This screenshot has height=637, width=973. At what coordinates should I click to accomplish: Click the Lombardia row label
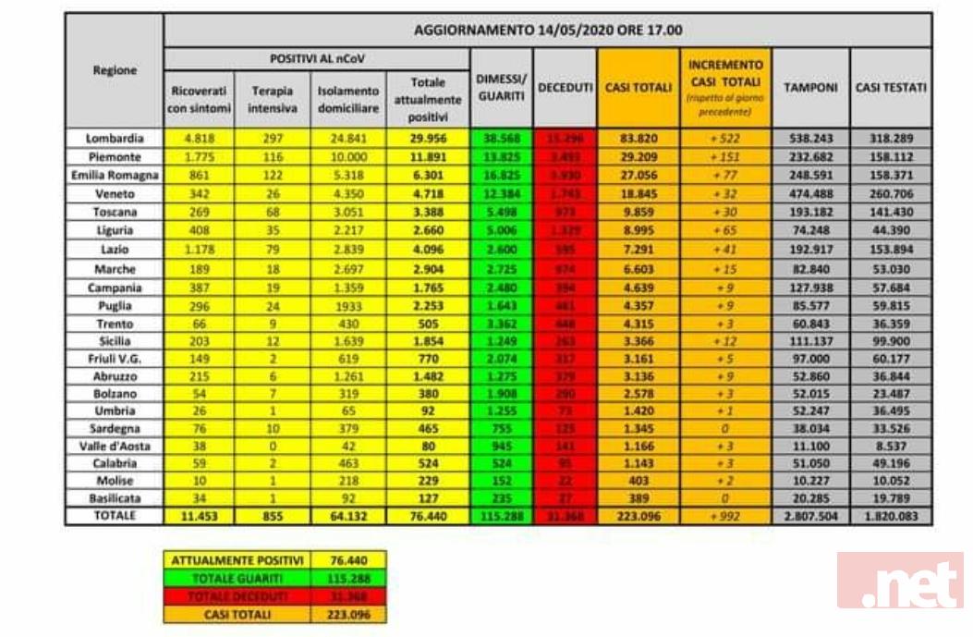pyautogui.click(x=114, y=138)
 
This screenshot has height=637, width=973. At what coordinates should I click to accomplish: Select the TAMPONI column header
pyautogui.click(x=810, y=88)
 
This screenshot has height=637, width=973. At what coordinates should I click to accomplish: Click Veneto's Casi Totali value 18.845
pyautogui.click(x=638, y=194)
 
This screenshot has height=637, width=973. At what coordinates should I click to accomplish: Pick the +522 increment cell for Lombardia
pyautogui.click(x=724, y=138)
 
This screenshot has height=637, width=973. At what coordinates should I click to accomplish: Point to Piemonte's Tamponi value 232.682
pyautogui.click(x=810, y=156)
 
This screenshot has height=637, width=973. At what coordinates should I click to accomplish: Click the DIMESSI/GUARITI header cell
pyautogui.click(x=500, y=88)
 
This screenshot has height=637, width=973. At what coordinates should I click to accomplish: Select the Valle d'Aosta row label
pyautogui.click(x=114, y=445)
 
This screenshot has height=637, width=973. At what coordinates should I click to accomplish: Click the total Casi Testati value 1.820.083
pyautogui.click(x=891, y=517)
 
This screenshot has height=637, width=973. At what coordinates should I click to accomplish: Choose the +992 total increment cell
pyautogui.click(x=724, y=517)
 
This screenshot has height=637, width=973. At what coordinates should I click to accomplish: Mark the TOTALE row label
pyautogui.click(x=114, y=516)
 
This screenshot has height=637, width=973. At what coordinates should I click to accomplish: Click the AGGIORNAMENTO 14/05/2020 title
pyautogui.click(x=548, y=30)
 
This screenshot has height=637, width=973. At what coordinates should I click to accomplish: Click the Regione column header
pyautogui.click(x=114, y=70)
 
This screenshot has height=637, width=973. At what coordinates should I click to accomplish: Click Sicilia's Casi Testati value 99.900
pyautogui.click(x=891, y=343)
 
